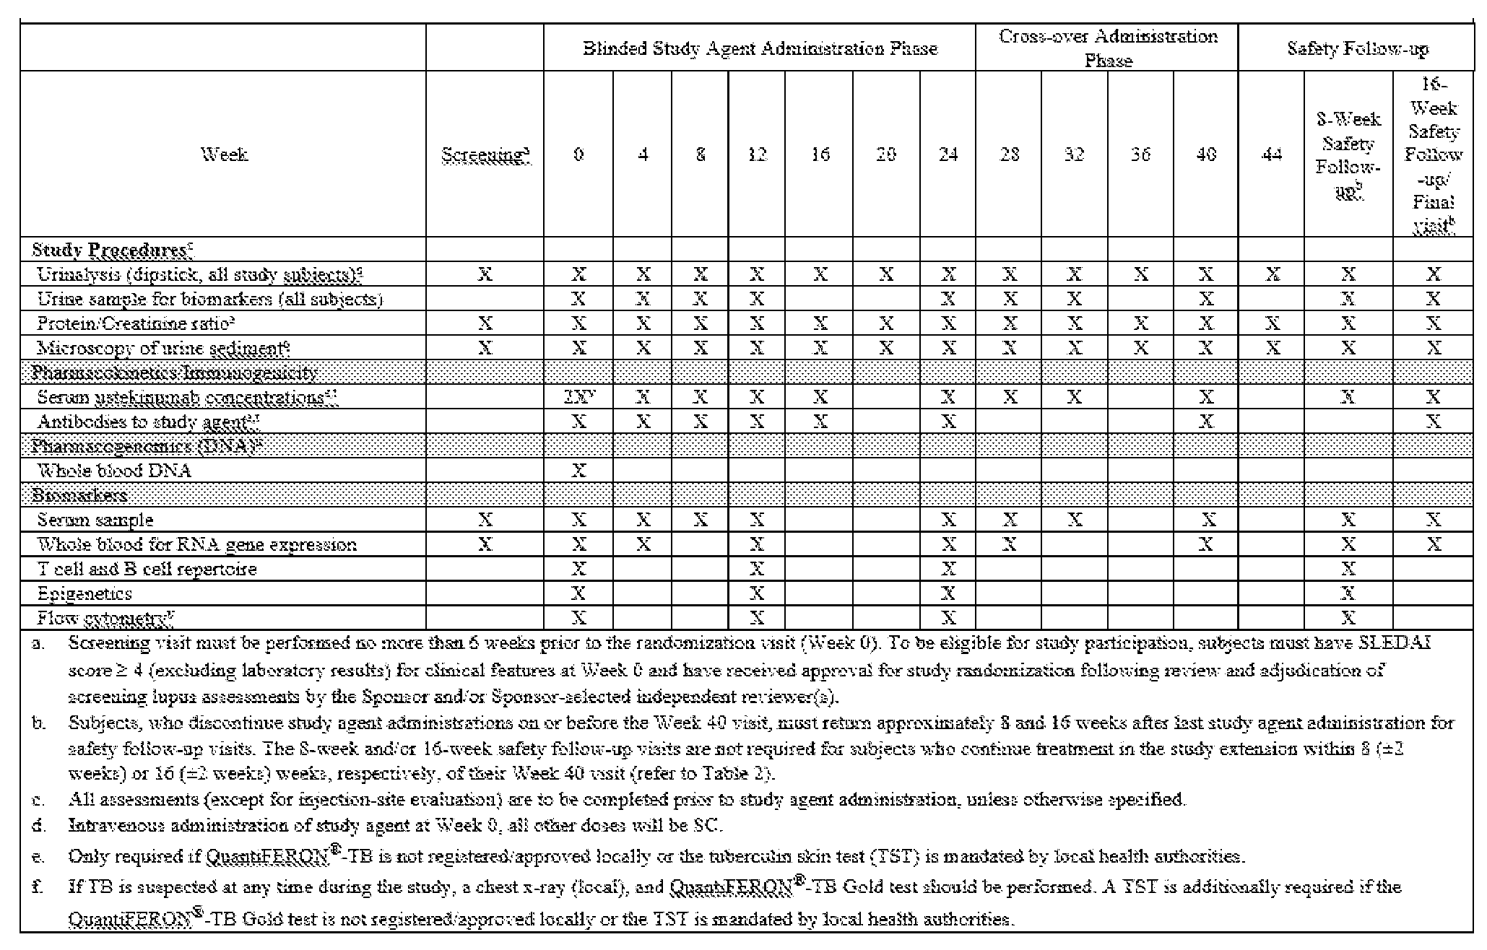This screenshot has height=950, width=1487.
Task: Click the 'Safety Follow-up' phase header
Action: pyautogui.click(x=1357, y=49)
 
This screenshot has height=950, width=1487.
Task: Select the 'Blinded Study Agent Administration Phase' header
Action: pyautogui.click(x=760, y=49)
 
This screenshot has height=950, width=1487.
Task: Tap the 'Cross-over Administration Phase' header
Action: pyautogui.click(x=1108, y=48)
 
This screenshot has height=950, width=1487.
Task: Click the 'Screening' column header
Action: pyautogui.click(x=485, y=154)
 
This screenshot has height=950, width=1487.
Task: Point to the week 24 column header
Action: pyautogui.click(x=948, y=154)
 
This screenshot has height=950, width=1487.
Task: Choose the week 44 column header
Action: pyautogui.click(x=1271, y=154)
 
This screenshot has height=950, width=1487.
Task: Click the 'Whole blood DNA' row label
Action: pyautogui.click(x=114, y=471)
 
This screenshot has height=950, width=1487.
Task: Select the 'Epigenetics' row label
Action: pyautogui.click(x=84, y=593)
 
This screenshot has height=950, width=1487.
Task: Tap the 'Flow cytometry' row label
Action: pyautogui.click(x=105, y=618)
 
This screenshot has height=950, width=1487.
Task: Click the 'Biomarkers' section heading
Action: pyautogui.click(x=80, y=495)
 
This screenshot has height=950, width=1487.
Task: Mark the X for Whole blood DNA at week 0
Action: pyautogui.click(x=578, y=471)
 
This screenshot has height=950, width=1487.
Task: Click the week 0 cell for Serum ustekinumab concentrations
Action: pyautogui.click(x=578, y=397)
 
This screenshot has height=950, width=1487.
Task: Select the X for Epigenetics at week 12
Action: pyautogui.click(x=756, y=593)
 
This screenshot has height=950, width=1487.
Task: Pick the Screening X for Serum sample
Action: pyautogui.click(x=485, y=520)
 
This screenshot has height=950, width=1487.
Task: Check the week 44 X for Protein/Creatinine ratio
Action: pyautogui.click(x=1273, y=323)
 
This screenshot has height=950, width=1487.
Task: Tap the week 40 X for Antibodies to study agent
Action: pyautogui.click(x=1205, y=422)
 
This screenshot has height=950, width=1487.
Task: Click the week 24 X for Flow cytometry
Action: pyautogui.click(x=948, y=618)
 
